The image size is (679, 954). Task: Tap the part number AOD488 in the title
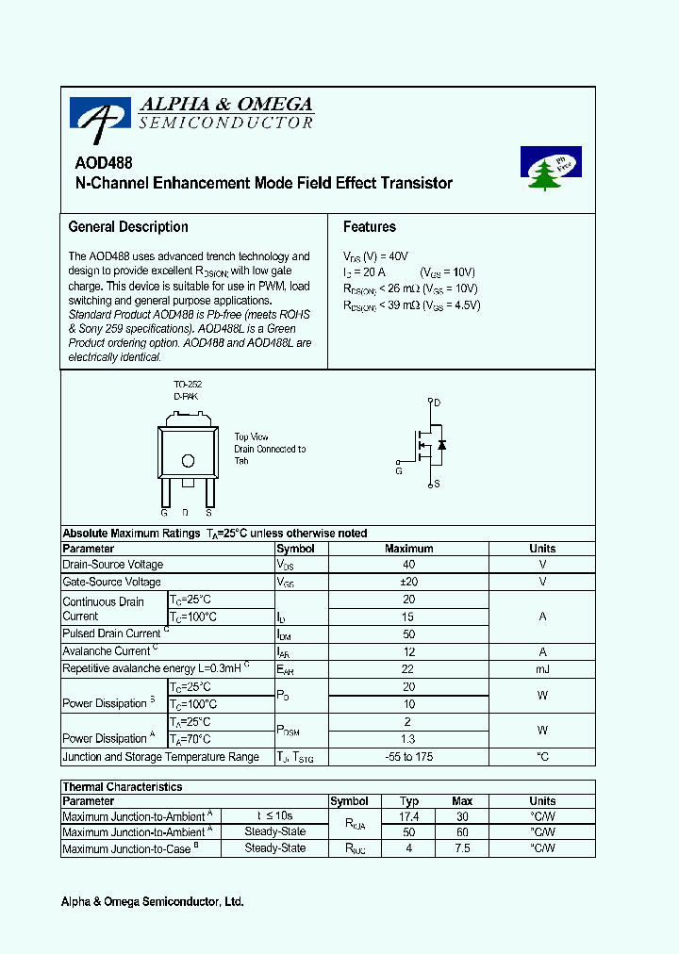(x=104, y=162)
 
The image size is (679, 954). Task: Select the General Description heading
(x=128, y=227)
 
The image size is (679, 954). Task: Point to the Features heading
(x=370, y=227)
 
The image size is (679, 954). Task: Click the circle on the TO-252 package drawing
(x=188, y=461)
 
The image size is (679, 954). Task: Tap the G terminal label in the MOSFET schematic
(x=399, y=469)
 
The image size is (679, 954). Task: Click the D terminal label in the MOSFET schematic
(x=437, y=403)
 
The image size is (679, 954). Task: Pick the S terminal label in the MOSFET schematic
(x=437, y=485)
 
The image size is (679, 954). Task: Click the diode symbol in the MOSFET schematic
(x=442, y=444)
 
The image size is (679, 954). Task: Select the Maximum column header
(x=409, y=549)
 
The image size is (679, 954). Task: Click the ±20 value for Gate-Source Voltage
(x=409, y=582)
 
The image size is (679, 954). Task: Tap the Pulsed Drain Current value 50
(x=409, y=634)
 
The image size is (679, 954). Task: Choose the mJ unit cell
(x=542, y=668)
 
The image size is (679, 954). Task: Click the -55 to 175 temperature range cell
(x=409, y=757)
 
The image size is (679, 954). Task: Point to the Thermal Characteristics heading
(x=123, y=787)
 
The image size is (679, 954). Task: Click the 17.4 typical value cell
(x=409, y=816)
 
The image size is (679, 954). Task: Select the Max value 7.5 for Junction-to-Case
(x=462, y=848)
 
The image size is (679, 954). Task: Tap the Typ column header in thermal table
(x=409, y=801)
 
